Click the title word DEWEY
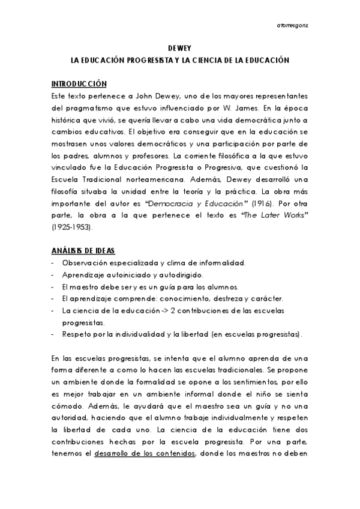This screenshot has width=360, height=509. tap(180, 50)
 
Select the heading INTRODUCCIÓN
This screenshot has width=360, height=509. tap(79, 83)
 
